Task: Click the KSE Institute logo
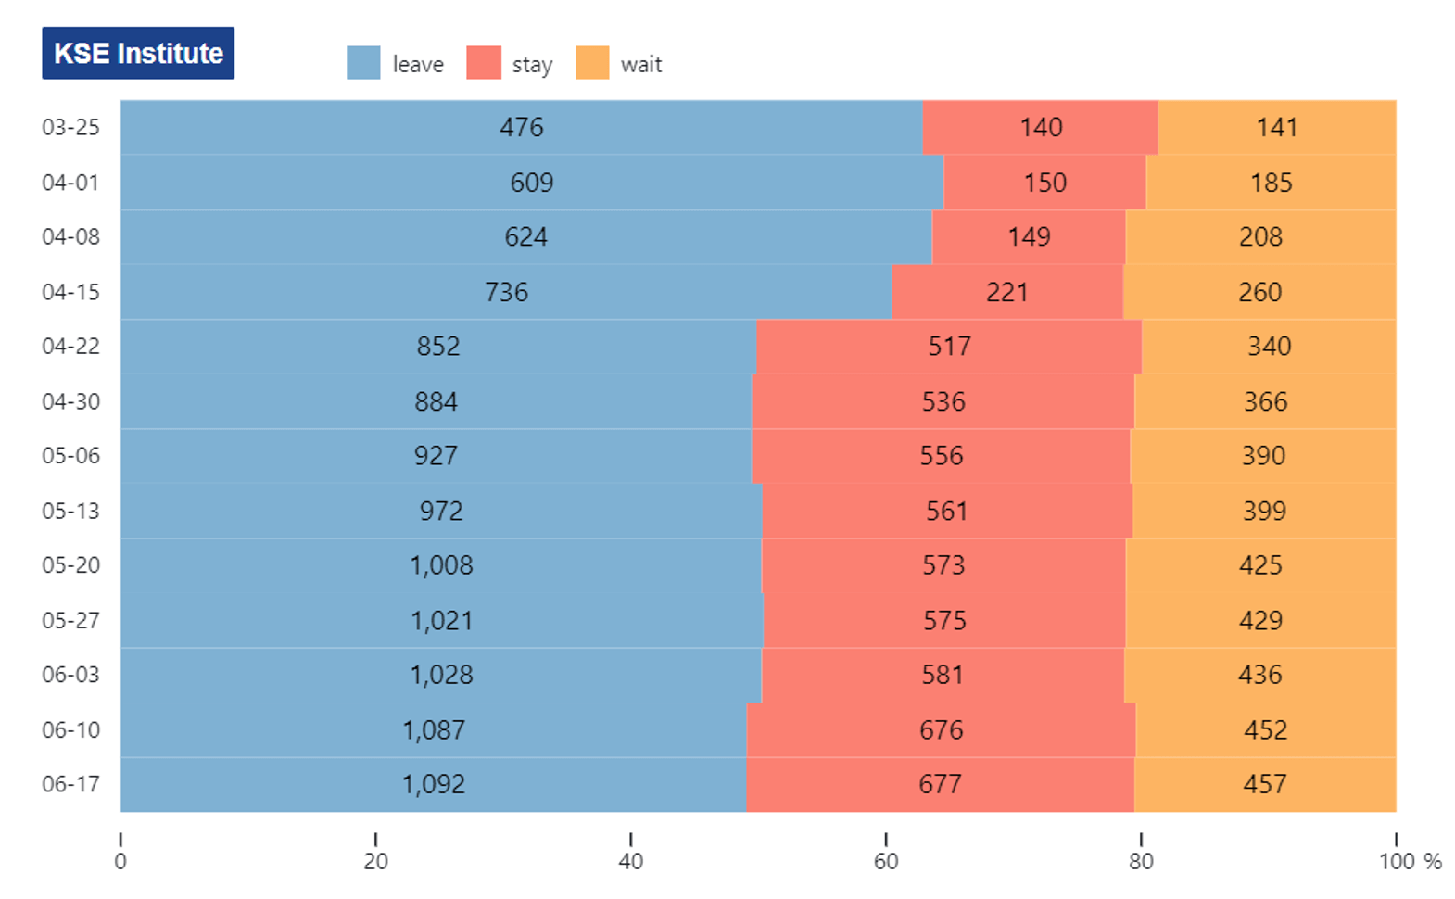pyautogui.click(x=138, y=53)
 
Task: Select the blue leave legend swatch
pyautogui.click(x=363, y=63)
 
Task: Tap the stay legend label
pyautogui.click(x=532, y=65)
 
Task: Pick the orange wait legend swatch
pyautogui.click(x=592, y=63)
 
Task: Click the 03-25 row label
pyautogui.click(x=70, y=127)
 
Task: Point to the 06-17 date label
pyautogui.click(x=70, y=784)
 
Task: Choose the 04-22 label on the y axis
pyautogui.click(x=70, y=347)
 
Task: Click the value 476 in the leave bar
pyautogui.click(x=521, y=127)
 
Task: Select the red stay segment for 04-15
pyautogui.click(x=1007, y=292)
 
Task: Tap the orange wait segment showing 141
pyautogui.click(x=1277, y=127)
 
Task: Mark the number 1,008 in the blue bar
pyautogui.click(x=442, y=565)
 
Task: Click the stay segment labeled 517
pyautogui.click(x=949, y=347)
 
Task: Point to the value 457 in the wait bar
pyautogui.click(x=1265, y=784)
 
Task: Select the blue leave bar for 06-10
pyautogui.click(x=434, y=730)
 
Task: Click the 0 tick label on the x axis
pyautogui.click(x=120, y=861)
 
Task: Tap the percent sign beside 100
pyautogui.click(x=1432, y=861)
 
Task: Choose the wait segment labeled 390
pyautogui.click(x=1263, y=456)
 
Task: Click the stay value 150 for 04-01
pyautogui.click(x=1045, y=183)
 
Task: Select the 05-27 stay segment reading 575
pyautogui.click(x=944, y=620)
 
